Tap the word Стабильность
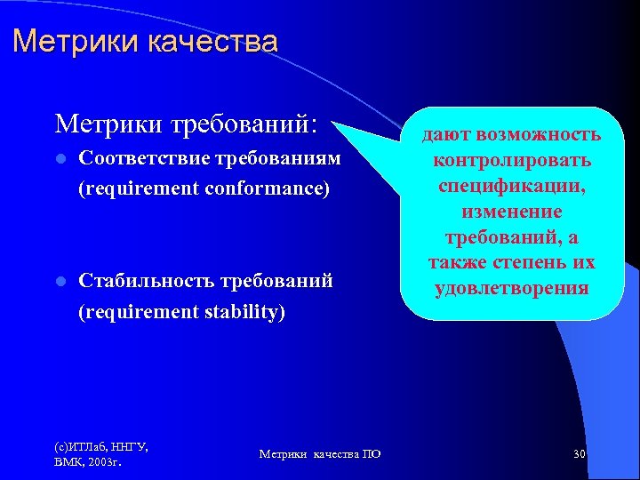[x=142, y=282]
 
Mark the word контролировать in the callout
[x=512, y=161]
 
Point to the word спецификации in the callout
[x=512, y=187]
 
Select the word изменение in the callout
[x=512, y=212]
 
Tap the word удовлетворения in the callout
[x=512, y=288]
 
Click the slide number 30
[x=579, y=454]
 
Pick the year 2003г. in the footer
[x=105, y=463]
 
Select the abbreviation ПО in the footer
[x=372, y=454]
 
